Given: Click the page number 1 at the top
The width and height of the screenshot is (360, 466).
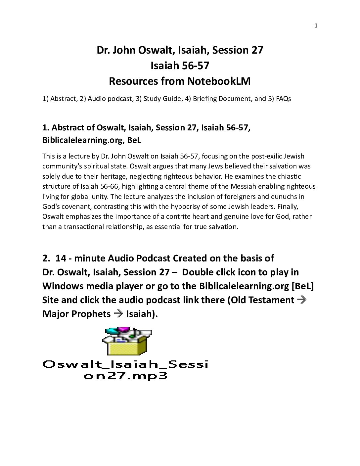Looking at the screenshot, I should (316, 26).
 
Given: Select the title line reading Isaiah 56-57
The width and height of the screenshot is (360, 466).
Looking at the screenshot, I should (180, 66).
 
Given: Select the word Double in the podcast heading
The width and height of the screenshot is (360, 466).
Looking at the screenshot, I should (198, 272).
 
